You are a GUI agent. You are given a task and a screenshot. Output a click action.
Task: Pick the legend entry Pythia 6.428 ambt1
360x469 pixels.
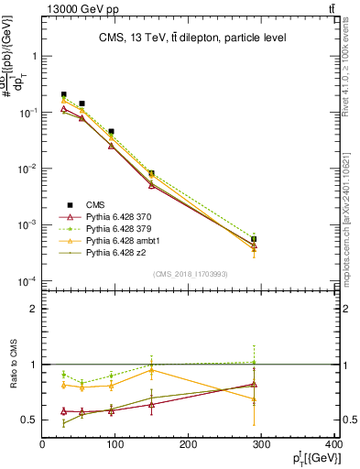tap(121, 240)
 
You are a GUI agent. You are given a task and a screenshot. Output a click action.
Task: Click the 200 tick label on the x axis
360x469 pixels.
tap(190, 445)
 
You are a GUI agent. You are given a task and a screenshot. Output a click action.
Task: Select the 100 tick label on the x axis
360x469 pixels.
tap(116, 445)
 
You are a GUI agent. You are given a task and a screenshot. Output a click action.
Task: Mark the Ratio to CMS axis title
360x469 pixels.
tap(13, 365)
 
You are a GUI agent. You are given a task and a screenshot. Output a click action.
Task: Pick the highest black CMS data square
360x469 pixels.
tap(63, 94)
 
